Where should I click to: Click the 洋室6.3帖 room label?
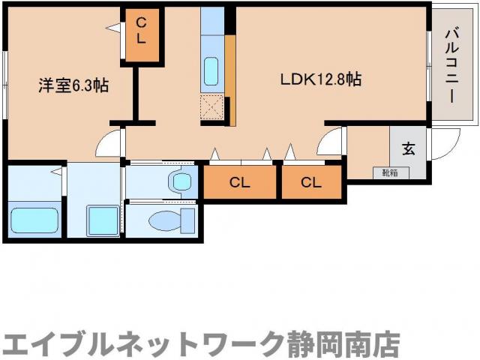(x=73, y=85)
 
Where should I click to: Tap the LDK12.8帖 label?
(x=321, y=79)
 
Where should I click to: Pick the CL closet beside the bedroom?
(x=141, y=35)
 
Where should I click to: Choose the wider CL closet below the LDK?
(x=239, y=181)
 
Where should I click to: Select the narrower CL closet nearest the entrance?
(x=311, y=181)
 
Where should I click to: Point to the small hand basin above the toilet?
(x=181, y=181)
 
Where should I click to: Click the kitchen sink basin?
(x=212, y=72)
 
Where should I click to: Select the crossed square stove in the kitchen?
(x=212, y=109)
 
